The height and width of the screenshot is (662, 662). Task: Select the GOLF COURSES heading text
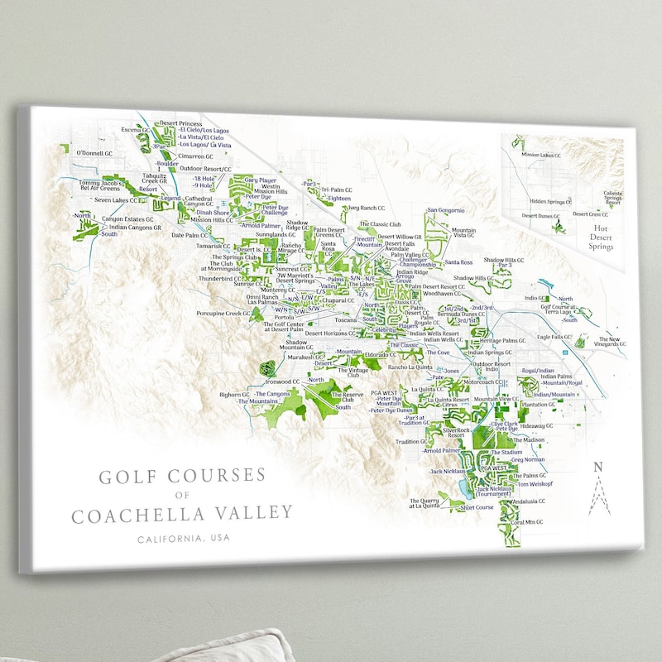click(x=182, y=477)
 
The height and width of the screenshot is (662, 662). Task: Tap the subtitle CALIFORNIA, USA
click(x=185, y=539)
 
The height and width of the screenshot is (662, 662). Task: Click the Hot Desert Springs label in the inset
click(x=600, y=238)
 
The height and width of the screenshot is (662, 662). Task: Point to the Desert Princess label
click(x=180, y=123)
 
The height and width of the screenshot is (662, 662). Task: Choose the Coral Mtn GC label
click(x=527, y=522)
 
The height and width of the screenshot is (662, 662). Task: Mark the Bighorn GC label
click(x=234, y=395)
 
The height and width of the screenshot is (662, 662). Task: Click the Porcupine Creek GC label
click(x=223, y=314)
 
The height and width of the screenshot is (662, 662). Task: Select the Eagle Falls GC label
click(x=554, y=337)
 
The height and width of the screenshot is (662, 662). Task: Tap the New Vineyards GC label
click(x=610, y=342)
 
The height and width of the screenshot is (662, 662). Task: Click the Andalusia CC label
click(x=529, y=501)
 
